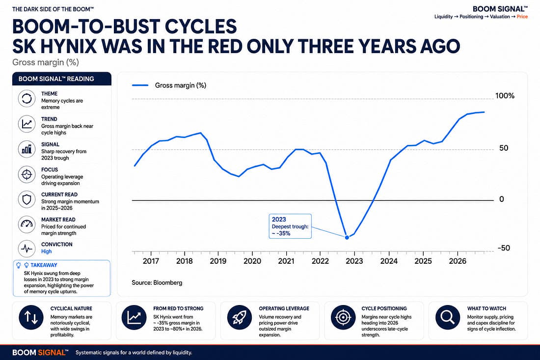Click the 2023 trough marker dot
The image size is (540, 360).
(x=347, y=237)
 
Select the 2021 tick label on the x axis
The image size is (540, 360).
(x=286, y=261)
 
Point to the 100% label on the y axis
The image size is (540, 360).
(x=505, y=96)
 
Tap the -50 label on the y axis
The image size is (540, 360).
(x=504, y=248)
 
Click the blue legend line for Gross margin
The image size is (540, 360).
(x=140, y=85)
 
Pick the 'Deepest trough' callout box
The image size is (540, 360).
(x=290, y=226)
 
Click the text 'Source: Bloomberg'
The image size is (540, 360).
(x=157, y=282)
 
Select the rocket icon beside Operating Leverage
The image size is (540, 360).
(x=240, y=317)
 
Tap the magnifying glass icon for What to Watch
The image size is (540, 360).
(x=447, y=317)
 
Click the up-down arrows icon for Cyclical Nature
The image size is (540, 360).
(x=31, y=317)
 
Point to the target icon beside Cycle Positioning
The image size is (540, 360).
(x=343, y=317)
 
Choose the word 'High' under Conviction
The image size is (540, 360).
(x=47, y=251)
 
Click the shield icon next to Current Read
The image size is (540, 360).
(x=27, y=199)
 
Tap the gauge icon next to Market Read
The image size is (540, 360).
(x=27, y=224)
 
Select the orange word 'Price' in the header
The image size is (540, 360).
(x=522, y=17)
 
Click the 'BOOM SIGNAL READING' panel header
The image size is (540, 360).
(x=62, y=79)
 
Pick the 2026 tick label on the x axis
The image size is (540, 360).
(x=458, y=261)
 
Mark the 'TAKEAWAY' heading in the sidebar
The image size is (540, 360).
(x=44, y=265)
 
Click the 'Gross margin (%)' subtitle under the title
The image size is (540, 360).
(x=46, y=62)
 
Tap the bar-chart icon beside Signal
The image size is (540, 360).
(x=27, y=149)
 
